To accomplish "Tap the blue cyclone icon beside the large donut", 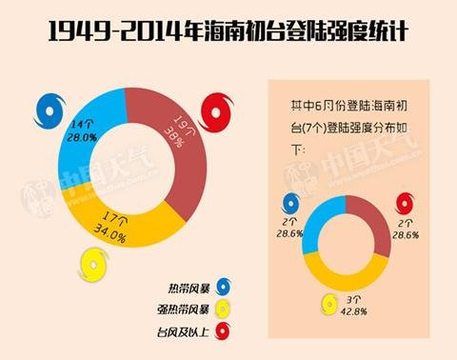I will (x=45, y=114).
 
